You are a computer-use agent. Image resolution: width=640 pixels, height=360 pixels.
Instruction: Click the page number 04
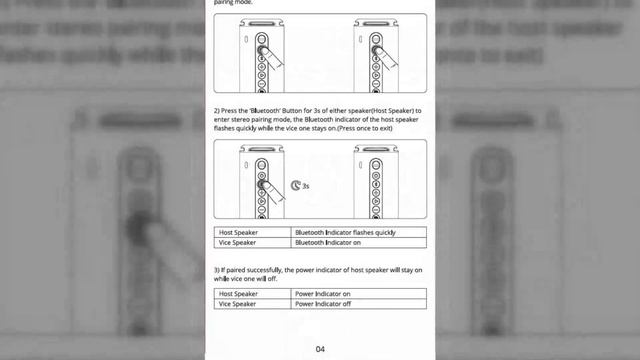tap(320, 349)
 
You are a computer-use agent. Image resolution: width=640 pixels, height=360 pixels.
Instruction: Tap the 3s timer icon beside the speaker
tap(296, 185)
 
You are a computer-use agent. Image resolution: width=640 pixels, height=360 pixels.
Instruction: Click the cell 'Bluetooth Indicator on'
tap(328, 242)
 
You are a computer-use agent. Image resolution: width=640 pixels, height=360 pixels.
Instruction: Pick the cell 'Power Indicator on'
tap(322, 294)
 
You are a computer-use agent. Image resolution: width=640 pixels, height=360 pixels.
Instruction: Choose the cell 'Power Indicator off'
tap(322, 303)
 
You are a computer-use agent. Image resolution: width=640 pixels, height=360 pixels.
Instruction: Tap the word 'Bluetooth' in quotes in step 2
tap(266, 108)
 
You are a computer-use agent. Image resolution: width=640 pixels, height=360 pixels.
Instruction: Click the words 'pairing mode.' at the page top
tap(233, 3)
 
